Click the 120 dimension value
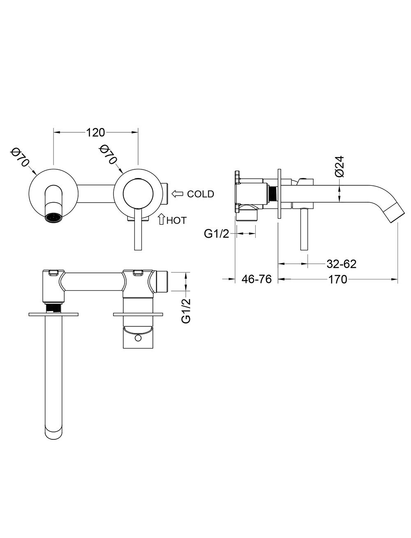pos(95,132)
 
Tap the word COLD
pos(201,194)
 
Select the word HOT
pos(176,220)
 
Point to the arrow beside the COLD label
pos(178,194)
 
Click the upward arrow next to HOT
pos(161,219)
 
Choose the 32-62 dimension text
pos(342,264)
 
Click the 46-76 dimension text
pos(257,279)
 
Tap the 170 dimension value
pos(337,279)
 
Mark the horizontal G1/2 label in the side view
pos(217,234)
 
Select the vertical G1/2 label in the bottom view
pos(186,311)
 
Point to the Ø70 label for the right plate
pos(108,154)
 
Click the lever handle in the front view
pos(138,229)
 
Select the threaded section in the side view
pos(272,194)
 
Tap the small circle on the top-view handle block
pos(138,339)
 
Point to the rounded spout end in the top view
pos(53,434)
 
